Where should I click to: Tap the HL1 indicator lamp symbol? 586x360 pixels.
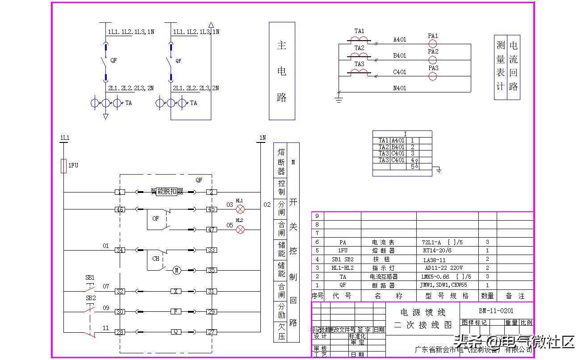[240, 209]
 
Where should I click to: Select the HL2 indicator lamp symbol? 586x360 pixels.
[240, 230]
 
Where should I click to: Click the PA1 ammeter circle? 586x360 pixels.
[432, 44]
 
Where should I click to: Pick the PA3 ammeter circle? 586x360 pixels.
[432, 76]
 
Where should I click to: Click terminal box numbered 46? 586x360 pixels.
[120, 209]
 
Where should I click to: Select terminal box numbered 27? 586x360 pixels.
[211, 332]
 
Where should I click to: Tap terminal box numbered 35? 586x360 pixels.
[211, 270]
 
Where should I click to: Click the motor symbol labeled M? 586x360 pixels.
[177, 270]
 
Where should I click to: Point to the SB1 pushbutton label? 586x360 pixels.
[90, 277]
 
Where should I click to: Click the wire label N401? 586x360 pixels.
[399, 88]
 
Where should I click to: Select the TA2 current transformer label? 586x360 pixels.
[360, 48]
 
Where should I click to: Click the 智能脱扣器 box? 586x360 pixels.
[167, 192]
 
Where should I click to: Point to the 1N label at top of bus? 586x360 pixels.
[262, 138]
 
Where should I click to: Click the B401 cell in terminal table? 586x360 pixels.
[398, 147]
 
